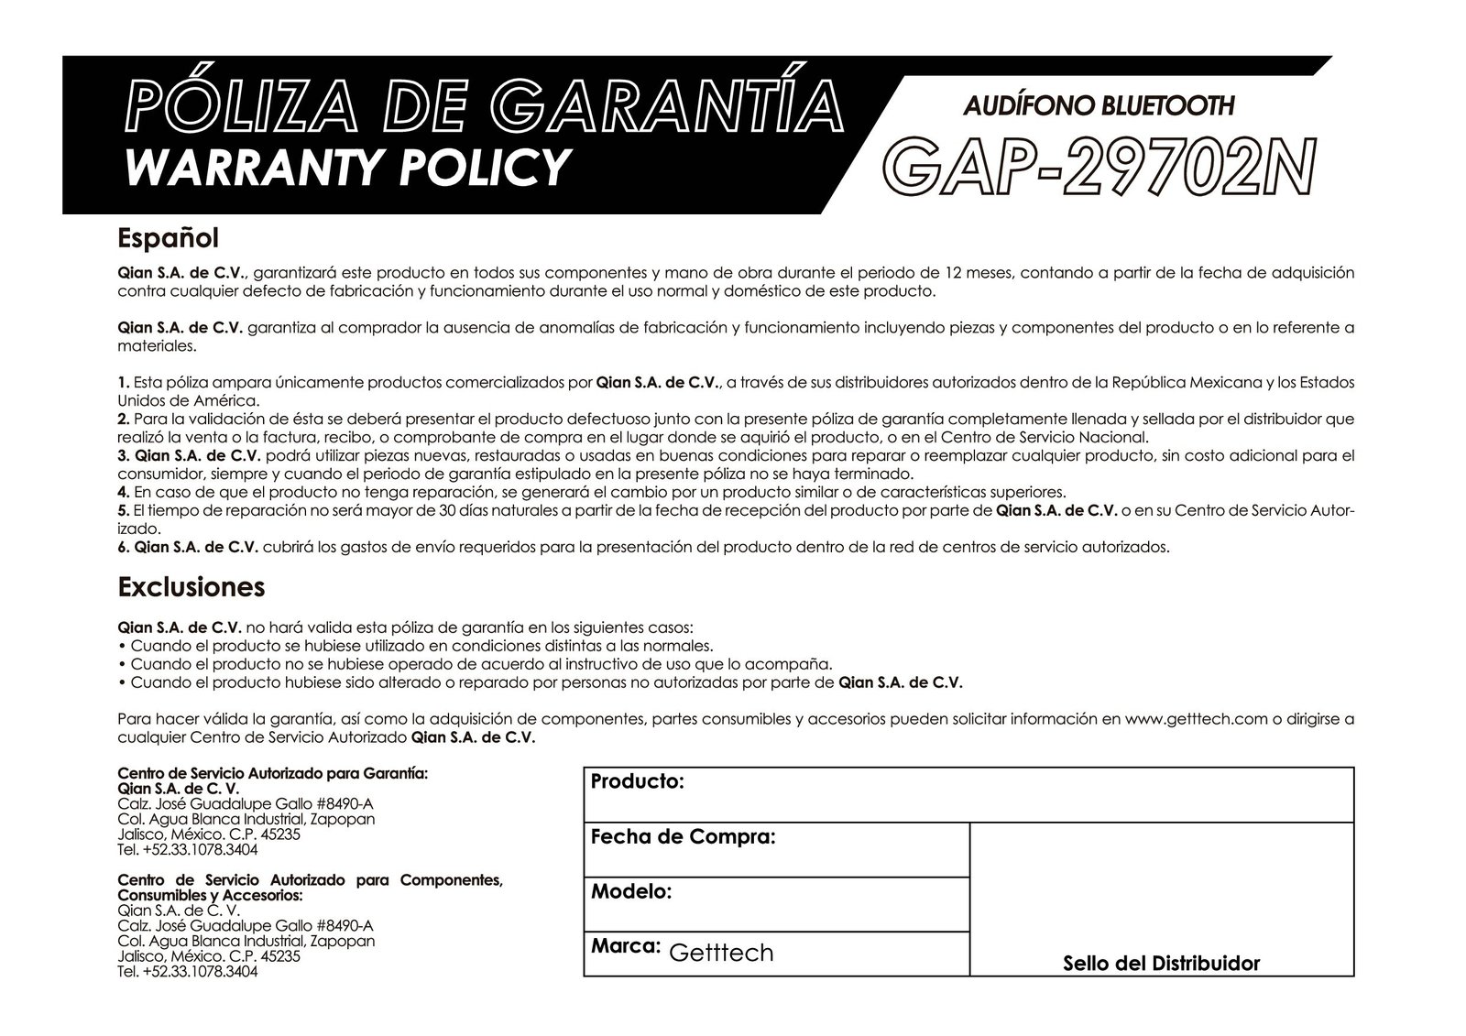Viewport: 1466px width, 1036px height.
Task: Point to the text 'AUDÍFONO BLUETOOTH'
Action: click(x=1099, y=106)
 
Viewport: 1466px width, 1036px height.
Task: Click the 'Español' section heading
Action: click(x=169, y=238)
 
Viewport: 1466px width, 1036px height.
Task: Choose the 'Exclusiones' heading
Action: click(x=191, y=586)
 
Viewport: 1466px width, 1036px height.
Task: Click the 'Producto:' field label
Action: click(x=638, y=782)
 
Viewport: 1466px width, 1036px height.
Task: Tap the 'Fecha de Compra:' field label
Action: click(x=684, y=836)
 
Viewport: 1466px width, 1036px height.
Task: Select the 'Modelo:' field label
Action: click(x=631, y=891)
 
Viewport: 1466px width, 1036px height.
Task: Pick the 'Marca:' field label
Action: click(x=626, y=945)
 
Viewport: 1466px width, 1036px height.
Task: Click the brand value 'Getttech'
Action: click(x=722, y=953)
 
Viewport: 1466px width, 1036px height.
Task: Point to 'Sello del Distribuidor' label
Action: click(x=1161, y=964)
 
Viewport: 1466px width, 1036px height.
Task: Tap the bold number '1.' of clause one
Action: click(x=124, y=382)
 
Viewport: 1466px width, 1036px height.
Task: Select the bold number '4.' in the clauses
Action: click(x=124, y=492)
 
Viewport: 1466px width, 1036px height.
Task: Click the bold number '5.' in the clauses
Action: click(x=124, y=510)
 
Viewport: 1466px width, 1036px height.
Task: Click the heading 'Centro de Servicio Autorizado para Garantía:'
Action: click(x=273, y=774)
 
